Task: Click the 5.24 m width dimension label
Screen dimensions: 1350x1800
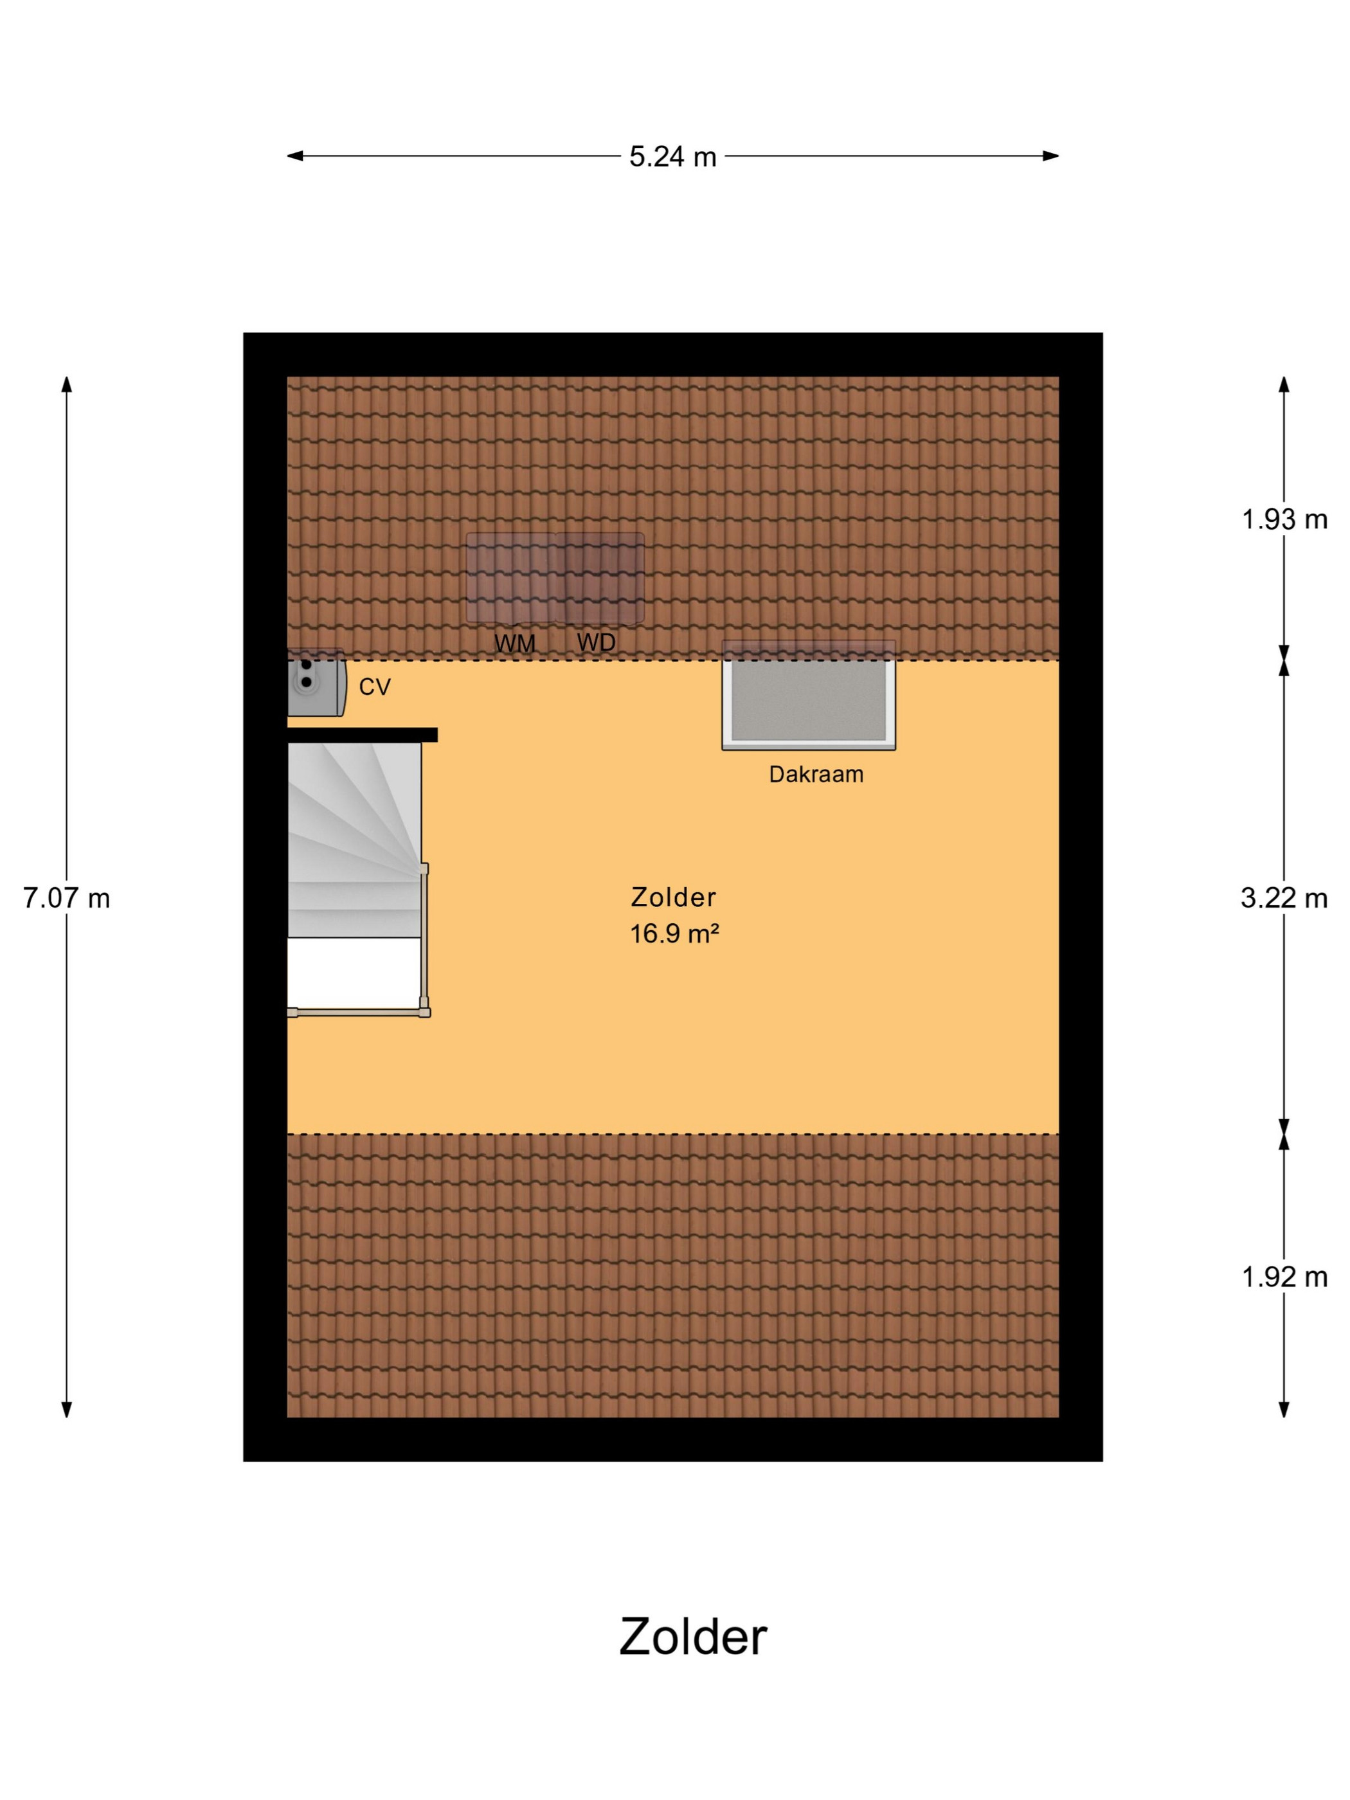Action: pos(672,156)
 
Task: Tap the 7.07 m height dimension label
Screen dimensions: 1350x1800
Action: pos(66,898)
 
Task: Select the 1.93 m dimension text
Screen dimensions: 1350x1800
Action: pos(1284,519)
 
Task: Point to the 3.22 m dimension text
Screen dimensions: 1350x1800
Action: pos(1284,898)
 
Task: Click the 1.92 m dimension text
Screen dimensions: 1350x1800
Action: pos(1284,1277)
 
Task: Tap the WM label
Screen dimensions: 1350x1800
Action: pos(514,643)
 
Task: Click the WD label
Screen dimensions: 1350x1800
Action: pos(597,643)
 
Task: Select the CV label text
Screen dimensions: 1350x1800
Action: pos(374,687)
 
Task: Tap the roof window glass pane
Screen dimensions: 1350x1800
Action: pos(809,701)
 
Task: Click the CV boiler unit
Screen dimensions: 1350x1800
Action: pos(316,682)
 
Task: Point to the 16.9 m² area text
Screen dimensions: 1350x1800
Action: pos(674,933)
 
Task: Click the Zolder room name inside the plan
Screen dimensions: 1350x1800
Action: pos(674,897)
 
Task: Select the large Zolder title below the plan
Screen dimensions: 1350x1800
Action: pos(693,1637)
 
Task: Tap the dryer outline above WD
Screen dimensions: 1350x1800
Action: pos(600,579)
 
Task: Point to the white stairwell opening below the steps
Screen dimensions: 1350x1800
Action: pos(354,973)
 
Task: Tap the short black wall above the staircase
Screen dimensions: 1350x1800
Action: pos(362,735)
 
